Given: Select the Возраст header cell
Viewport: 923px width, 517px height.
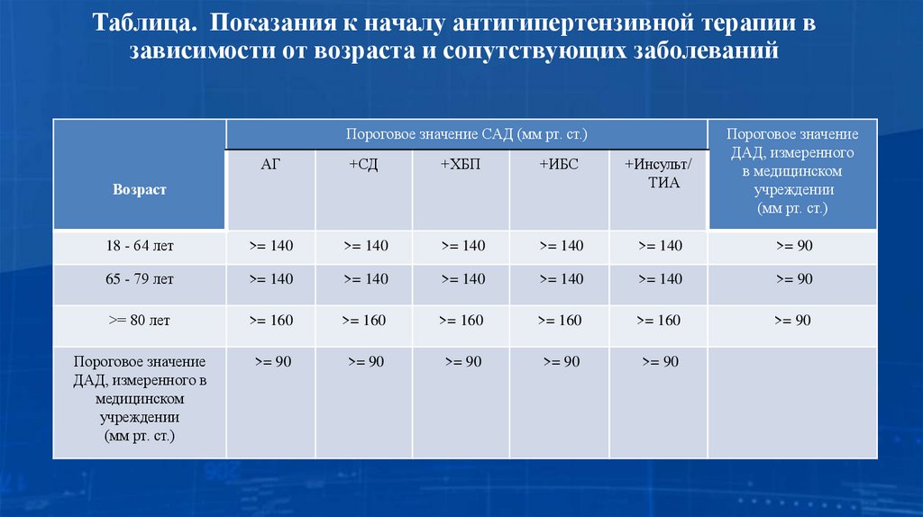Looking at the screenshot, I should (139, 190).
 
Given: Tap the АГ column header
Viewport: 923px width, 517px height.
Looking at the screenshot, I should (270, 165).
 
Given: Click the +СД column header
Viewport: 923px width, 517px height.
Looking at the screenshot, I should (364, 165).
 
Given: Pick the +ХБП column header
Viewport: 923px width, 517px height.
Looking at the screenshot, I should (461, 165).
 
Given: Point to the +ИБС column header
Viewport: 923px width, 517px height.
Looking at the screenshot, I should (560, 165).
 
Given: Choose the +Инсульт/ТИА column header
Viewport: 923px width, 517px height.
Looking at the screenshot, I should (659, 173).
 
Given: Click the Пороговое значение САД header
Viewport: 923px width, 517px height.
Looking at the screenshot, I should (466, 134).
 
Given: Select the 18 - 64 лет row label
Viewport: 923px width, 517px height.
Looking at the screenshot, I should (139, 246).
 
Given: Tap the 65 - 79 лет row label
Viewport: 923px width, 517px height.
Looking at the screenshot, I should (139, 279).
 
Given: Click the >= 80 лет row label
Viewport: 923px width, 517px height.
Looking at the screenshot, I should (139, 320).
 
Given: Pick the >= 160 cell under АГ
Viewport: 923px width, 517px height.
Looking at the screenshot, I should (270, 320).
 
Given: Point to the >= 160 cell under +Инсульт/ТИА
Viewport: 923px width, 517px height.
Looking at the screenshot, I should (659, 320).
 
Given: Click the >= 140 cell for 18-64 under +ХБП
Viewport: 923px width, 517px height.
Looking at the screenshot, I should (461, 246).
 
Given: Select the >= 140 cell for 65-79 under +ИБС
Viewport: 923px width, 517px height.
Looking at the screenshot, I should (560, 279).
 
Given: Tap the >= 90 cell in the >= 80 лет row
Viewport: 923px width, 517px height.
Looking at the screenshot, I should (792, 320).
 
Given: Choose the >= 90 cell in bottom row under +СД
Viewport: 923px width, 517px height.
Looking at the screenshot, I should (364, 361).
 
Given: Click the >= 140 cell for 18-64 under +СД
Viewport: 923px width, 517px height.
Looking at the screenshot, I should (364, 246).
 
